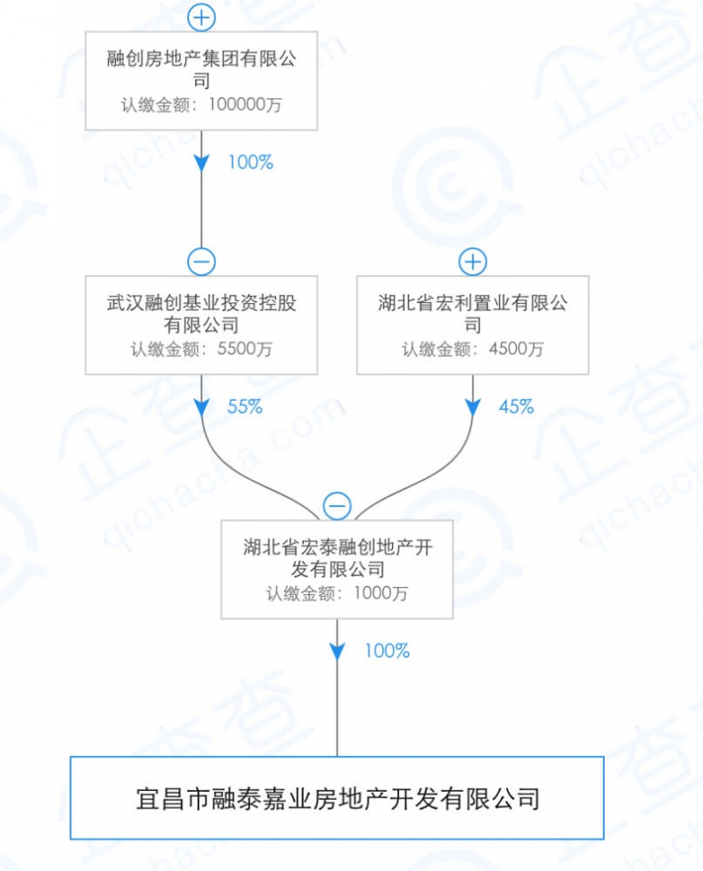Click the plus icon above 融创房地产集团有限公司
(202, 17)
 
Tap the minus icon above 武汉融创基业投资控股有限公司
(202, 261)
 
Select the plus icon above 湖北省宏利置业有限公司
(473, 261)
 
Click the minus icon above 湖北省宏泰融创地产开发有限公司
(337, 505)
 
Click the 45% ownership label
(516, 407)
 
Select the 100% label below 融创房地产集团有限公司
(250, 163)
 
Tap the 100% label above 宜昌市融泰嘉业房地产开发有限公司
(387, 651)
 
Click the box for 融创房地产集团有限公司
(202, 81)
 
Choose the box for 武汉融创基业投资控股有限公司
(202, 325)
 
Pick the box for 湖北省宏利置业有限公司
(473, 325)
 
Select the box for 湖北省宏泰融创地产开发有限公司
(337, 570)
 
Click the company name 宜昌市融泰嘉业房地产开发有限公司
(337, 799)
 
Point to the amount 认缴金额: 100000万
(202, 105)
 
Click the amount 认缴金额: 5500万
(202, 349)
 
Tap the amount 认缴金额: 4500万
(473, 349)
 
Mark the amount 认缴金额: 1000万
(337, 593)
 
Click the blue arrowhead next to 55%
(202, 407)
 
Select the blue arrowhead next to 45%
(473, 407)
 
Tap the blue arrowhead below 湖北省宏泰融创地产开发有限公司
(337, 651)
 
